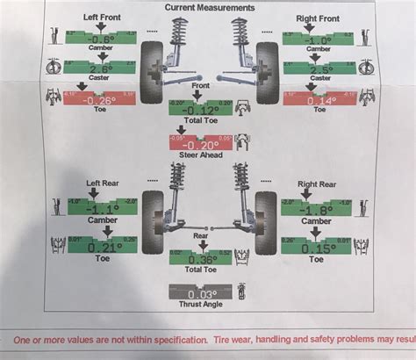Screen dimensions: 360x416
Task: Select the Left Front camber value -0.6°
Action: coord(99,38)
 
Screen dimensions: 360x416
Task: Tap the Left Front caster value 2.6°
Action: coord(99,68)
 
